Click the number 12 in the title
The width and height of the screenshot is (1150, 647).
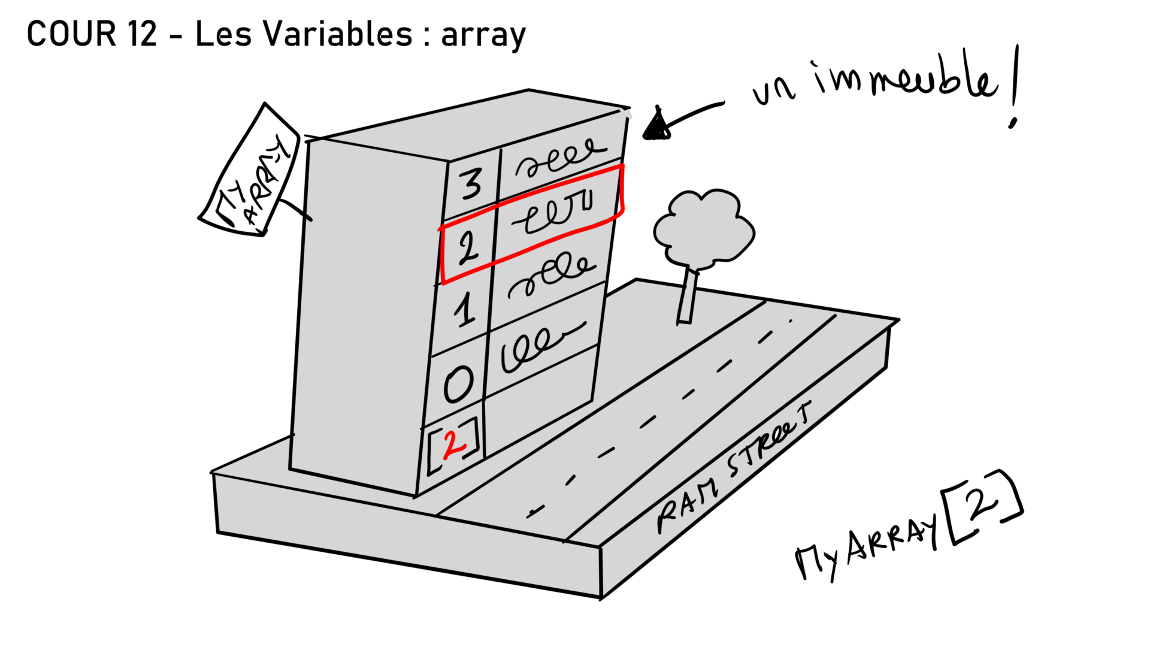click(141, 34)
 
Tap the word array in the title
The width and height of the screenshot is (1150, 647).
click(483, 36)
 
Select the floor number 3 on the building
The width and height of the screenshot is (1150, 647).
click(471, 183)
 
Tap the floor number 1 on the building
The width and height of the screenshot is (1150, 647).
click(464, 309)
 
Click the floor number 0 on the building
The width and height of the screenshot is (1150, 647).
click(458, 384)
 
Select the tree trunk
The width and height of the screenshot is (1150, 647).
click(688, 297)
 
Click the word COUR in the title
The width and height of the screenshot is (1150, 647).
click(71, 34)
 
